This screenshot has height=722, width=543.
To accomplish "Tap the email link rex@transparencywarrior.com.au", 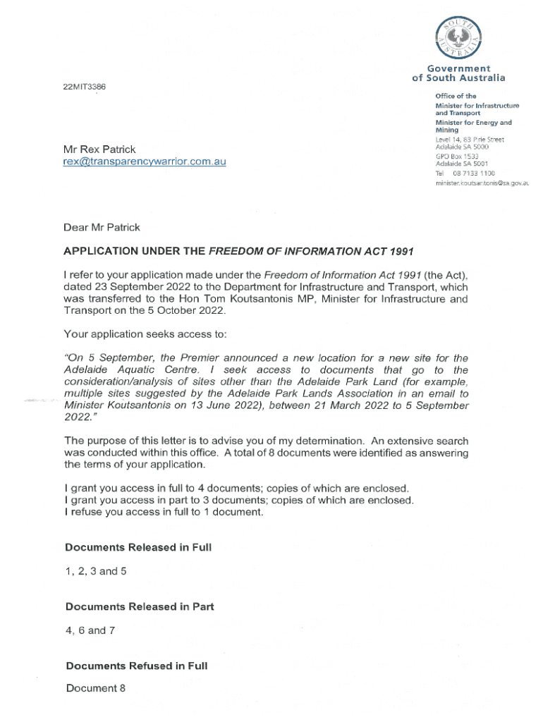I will [145, 161].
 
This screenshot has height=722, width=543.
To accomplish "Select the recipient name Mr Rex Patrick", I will [99, 149].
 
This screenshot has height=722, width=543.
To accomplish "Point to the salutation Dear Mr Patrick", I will [102, 227].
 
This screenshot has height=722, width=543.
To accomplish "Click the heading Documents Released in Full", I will [138, 547].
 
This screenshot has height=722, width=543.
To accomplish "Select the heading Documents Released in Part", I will [140, 606].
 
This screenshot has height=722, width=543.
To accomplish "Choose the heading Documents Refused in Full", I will [136, 666].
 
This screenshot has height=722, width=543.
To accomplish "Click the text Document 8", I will [95, 688].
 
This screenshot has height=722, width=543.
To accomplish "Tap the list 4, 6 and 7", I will [90, 630].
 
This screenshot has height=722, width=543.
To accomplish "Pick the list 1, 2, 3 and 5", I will [96, 571].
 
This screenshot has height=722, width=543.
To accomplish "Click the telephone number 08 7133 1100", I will [473, 173].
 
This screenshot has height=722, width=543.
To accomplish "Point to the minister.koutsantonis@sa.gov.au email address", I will [482, 183].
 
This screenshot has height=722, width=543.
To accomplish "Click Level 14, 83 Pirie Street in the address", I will [470, 140].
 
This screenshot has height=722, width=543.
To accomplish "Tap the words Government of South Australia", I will [458, 73].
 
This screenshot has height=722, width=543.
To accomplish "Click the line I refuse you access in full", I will [164, 513].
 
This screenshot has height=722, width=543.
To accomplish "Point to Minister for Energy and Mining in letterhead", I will [473, 126].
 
